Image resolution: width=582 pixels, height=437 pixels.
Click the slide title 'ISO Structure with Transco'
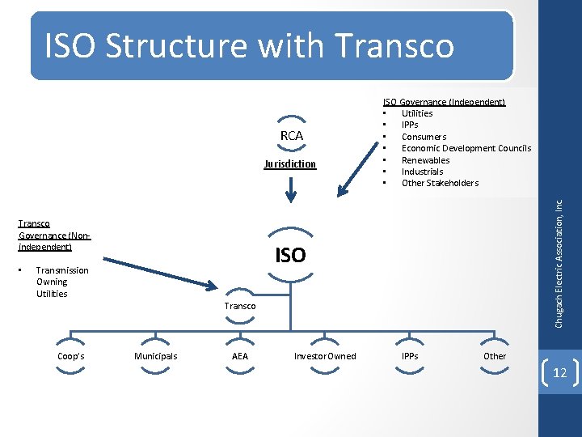249,46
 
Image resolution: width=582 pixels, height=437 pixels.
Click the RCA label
291,136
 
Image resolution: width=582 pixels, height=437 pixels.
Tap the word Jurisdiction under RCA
290,164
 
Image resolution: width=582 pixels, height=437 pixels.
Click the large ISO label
290,256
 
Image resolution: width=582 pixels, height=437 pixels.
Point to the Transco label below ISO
240,306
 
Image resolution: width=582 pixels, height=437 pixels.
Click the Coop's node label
71,356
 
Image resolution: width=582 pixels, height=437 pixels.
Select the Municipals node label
155,356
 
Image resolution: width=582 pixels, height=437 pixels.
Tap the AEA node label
240,356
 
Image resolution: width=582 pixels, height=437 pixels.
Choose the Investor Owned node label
324,356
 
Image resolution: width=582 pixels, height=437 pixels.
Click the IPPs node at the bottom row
410,355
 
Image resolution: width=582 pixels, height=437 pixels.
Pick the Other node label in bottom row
494,356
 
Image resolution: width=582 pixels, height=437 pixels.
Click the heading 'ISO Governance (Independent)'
444,102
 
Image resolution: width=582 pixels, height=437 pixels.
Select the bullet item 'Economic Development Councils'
466,148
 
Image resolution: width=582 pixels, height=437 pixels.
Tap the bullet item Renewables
425,160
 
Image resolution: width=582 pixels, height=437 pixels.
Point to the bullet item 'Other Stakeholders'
440,183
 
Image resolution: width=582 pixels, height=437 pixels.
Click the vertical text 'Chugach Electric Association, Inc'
559,264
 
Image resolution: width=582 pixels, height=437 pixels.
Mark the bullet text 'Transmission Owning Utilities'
62,282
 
